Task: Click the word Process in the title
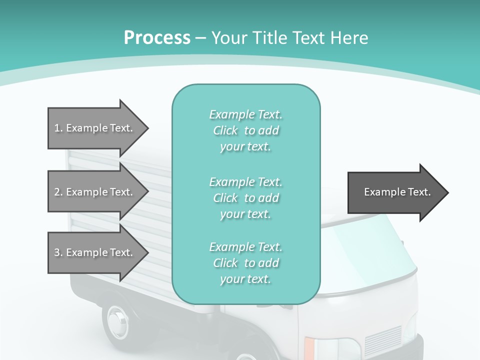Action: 157,37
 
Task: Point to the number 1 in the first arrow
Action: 57,128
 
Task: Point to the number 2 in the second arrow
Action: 57,192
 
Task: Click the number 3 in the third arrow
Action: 57,252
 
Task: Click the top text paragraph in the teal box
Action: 245,130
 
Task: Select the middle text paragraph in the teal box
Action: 245,197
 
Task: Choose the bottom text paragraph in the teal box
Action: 245,262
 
